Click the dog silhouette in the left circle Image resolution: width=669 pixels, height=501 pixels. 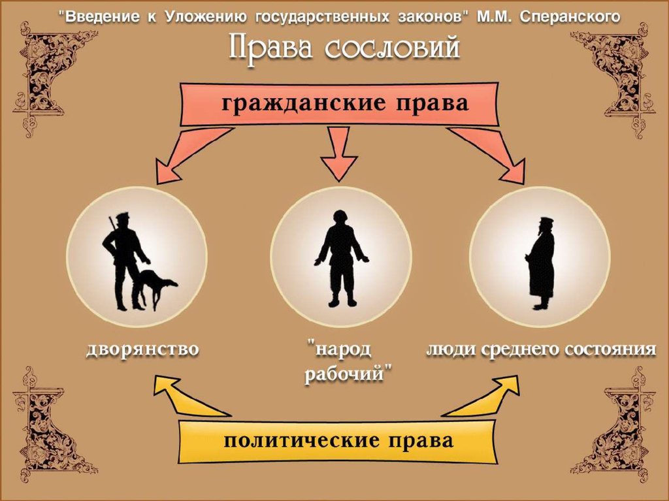[155, 285]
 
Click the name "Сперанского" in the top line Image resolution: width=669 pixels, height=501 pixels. [570, 16]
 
